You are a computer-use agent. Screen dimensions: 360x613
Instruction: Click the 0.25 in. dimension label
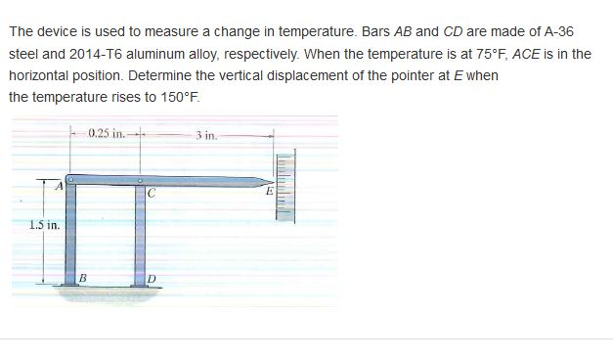(x=105, y=133)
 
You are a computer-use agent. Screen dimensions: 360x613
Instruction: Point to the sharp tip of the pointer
(x=265, y=181)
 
